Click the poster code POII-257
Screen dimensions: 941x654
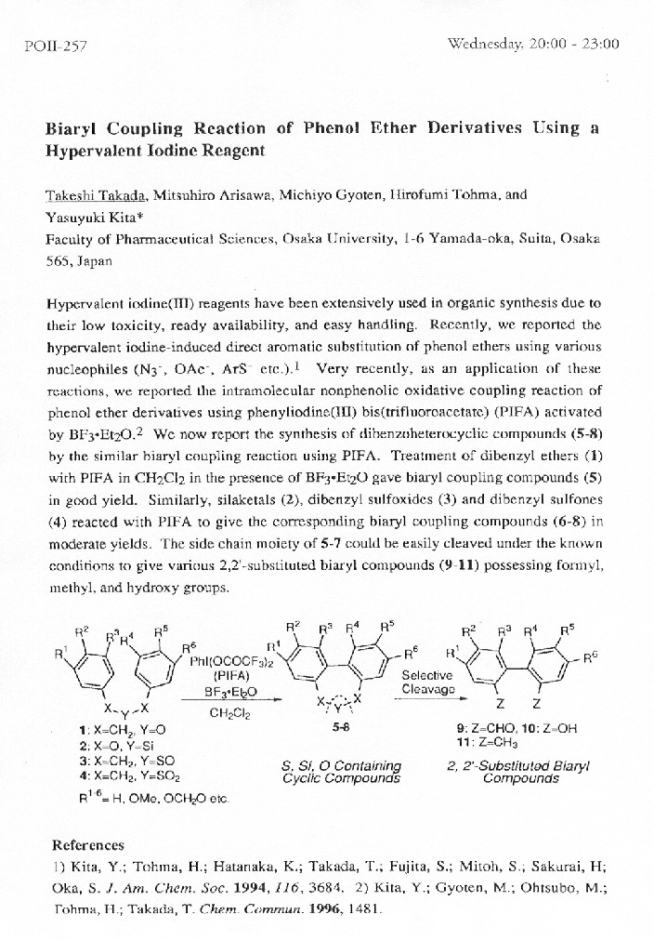click(53, 45)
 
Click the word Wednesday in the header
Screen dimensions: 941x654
click(483, 43)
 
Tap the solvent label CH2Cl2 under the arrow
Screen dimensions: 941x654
click(229, 712)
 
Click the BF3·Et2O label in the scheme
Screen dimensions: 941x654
click(229, 693)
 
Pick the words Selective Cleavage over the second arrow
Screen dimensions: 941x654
click(426, 683)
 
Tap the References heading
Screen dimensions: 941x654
click(87, 845)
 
